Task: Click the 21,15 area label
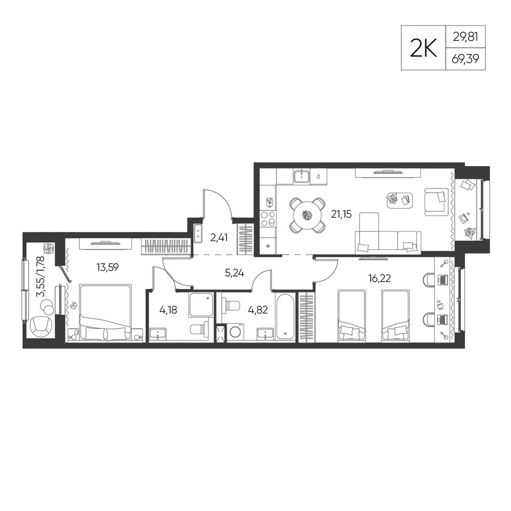(341, 214)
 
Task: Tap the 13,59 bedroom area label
(107, 267)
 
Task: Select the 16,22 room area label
(379, 278)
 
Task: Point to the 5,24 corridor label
(235, 273)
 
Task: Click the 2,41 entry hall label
(219, 238)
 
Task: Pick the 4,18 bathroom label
(168, 310)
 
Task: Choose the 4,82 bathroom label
(258, 310)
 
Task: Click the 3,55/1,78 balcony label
(41, 276)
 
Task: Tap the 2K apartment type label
(423, 48)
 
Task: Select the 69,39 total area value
(466, 59)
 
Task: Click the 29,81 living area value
(466, 37)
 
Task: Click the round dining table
(307, 215)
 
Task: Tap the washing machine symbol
(235, 333)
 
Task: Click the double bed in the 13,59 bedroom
(106, 313)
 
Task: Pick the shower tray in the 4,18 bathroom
(201, 305)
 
